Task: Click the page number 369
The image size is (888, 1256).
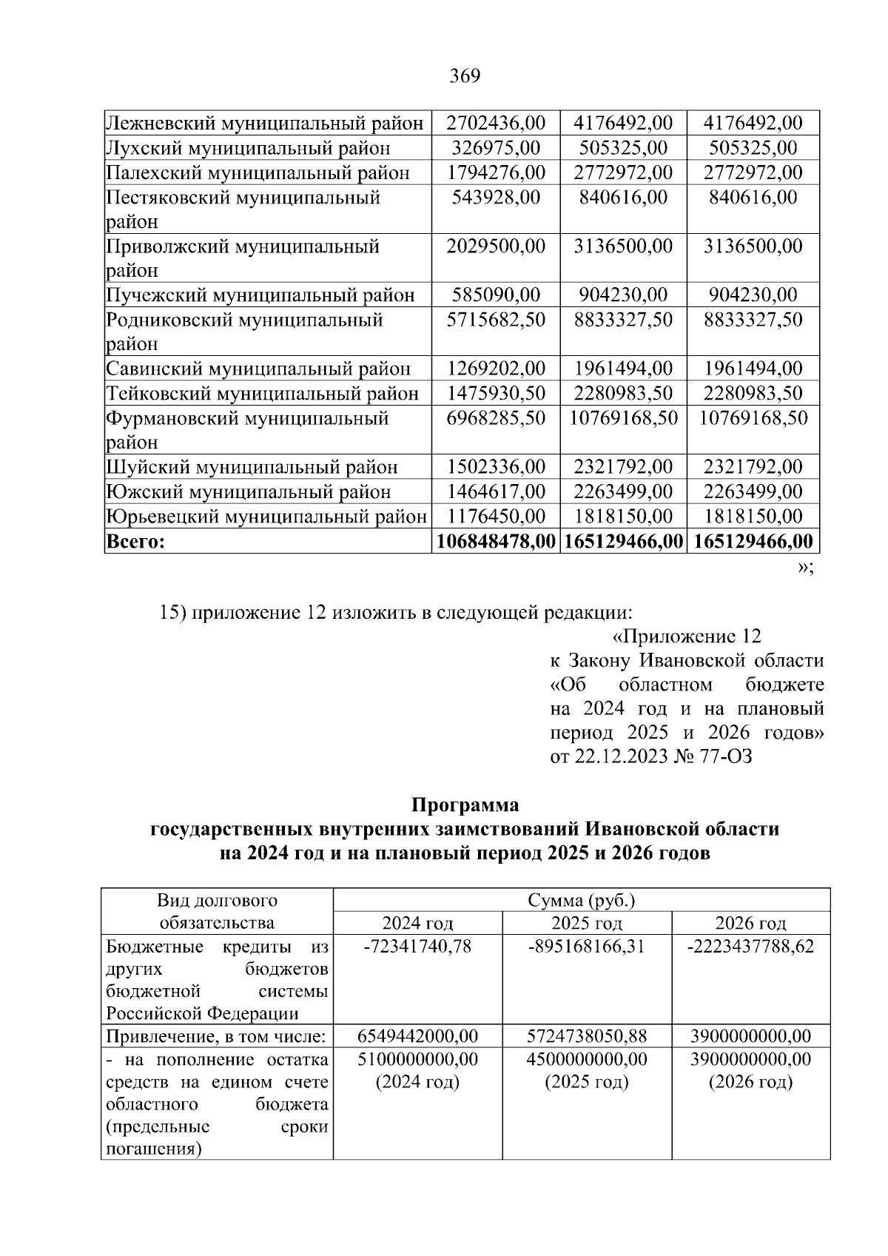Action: [x=465, y=76]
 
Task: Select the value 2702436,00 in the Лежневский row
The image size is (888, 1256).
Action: [x=496, y=123]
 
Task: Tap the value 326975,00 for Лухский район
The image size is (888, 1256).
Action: [x=496, y=147]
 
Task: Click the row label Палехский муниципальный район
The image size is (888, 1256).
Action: [x=258, y=172]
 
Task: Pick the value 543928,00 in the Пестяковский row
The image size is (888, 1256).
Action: [x=496, y=197]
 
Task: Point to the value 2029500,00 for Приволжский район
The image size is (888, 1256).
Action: [x=496, y=246]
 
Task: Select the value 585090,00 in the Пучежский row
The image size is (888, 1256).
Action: [x=496, y=295]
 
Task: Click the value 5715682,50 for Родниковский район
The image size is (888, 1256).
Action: [x=496, y=320]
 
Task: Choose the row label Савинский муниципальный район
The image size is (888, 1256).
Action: [x=258, y=369]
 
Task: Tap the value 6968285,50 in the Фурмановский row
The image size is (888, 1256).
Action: [x=496, y=418]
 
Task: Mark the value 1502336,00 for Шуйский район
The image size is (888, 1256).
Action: [x=496, y=467]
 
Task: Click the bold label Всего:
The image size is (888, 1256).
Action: [x=135, y=541]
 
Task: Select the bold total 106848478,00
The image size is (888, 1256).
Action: [x=496, y=541]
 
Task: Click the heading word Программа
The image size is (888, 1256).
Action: [x=465, y=805]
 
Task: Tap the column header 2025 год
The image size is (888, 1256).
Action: [x=587, y=923]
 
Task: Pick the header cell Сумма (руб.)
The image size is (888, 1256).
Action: [x=582, y=901]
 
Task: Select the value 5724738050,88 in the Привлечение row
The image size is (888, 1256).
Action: [x=587, y=1035]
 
